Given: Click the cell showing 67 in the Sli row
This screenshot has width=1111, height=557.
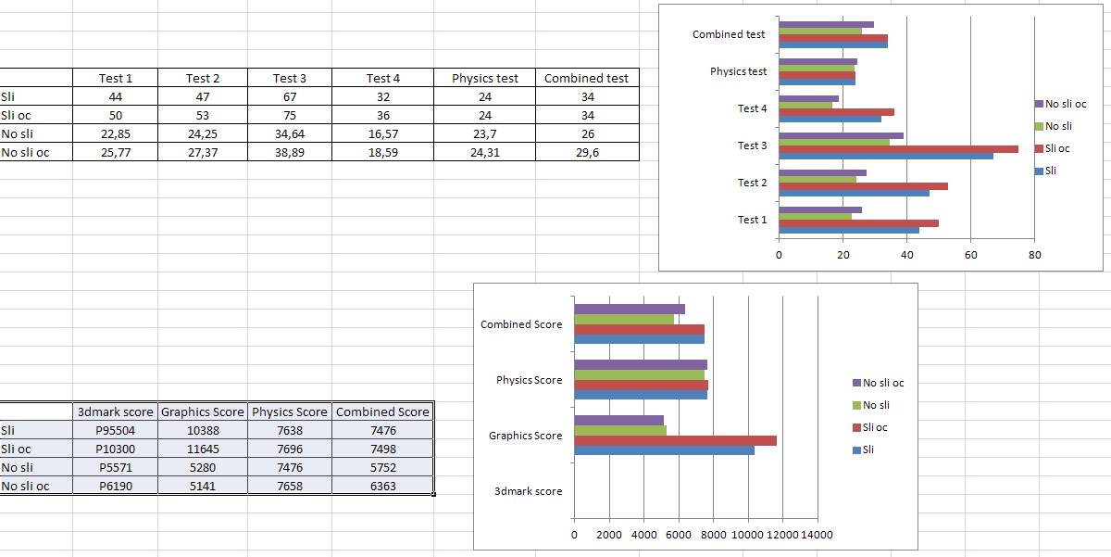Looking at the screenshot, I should [290, 97].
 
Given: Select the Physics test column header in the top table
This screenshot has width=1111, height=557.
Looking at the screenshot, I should [485, 79].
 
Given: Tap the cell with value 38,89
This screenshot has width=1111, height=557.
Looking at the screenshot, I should [290, 153].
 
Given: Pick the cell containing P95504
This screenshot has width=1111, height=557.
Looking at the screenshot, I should [116, 431].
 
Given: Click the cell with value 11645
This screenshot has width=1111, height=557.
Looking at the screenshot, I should [202, 449].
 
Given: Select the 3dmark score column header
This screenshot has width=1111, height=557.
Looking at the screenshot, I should [116, 412].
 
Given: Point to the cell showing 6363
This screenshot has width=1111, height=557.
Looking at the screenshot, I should [382, 487].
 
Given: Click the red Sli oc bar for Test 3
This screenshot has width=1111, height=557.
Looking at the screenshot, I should [898, 149].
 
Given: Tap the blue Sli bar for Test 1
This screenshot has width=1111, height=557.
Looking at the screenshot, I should [848, 230].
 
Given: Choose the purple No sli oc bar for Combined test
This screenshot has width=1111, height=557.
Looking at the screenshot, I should [826, 25].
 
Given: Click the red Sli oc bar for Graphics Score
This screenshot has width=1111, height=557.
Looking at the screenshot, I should [675, 440].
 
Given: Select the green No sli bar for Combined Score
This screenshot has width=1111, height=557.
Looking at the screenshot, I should [624, 319].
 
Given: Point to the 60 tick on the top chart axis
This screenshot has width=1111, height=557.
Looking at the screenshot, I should [970, 255].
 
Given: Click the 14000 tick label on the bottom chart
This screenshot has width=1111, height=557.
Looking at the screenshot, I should [817, 535].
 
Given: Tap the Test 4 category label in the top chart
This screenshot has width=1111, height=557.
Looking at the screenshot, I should [752, 109].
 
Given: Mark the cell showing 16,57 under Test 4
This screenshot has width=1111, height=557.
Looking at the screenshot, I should [382, 134].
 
